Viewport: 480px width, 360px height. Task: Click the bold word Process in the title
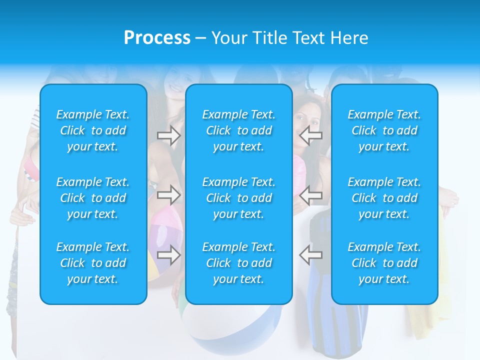tap(157, 37)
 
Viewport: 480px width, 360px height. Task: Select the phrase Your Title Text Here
tap(289, 38)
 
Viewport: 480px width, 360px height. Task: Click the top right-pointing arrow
tap(169, 135)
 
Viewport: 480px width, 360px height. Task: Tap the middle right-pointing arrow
tap(169, 195)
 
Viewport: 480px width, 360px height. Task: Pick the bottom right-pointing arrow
tap(169, 254)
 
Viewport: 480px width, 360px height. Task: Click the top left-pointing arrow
tap(311, 135)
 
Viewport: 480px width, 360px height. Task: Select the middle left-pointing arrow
tap(311, 195)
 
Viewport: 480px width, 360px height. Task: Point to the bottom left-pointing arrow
tap(311, 254)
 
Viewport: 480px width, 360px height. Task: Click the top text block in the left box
tap(93, 130)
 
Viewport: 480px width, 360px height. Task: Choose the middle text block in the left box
tap(93, 198)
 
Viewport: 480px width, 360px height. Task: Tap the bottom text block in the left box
tap(93, 263)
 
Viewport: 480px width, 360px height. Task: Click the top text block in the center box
tap(239, 130)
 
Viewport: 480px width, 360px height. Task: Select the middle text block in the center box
tap(239, 198)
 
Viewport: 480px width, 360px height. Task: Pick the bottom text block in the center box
tap(239, 263)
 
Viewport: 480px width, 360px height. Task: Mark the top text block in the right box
tap(384, 130)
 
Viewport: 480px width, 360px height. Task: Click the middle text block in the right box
tap(384, 198)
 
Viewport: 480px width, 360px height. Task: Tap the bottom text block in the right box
tap(384, 263)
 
